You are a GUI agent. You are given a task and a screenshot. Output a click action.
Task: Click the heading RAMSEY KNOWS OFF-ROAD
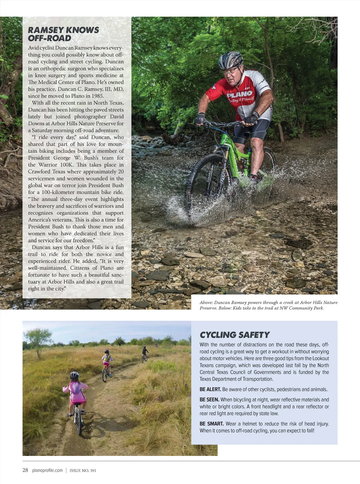click(x=63, y=34)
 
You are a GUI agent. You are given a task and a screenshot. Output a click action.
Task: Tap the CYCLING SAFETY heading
click(x=234, y=335)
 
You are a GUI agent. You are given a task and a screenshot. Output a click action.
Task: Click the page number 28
click(x=25, y=470)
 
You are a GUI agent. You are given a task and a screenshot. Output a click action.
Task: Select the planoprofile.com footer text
click(x=47, y=470)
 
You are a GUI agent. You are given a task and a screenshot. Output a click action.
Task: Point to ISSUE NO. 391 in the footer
click(x=83, y=471)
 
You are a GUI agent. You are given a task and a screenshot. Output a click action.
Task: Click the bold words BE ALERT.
click(x=210, y=389)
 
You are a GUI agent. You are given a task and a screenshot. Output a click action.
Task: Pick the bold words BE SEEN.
click(x=209, y=400)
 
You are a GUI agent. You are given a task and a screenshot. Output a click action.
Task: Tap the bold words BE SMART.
click(x=212, y=424)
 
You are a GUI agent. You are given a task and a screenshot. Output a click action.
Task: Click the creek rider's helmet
click(x=231, y=59)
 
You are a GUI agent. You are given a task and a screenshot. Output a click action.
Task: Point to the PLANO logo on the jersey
click(x=239, y=94)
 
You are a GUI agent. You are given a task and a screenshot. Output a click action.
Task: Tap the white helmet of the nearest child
click(x=75, y=375)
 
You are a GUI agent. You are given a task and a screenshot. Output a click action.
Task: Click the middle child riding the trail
click(x=106, y=364)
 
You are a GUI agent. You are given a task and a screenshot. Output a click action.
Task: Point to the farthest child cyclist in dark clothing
click(x=144, y=352)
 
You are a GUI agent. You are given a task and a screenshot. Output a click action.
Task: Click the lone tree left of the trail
click(x=38, y=337)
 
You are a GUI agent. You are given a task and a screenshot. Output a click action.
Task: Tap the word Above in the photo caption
click(x=206, y=302)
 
